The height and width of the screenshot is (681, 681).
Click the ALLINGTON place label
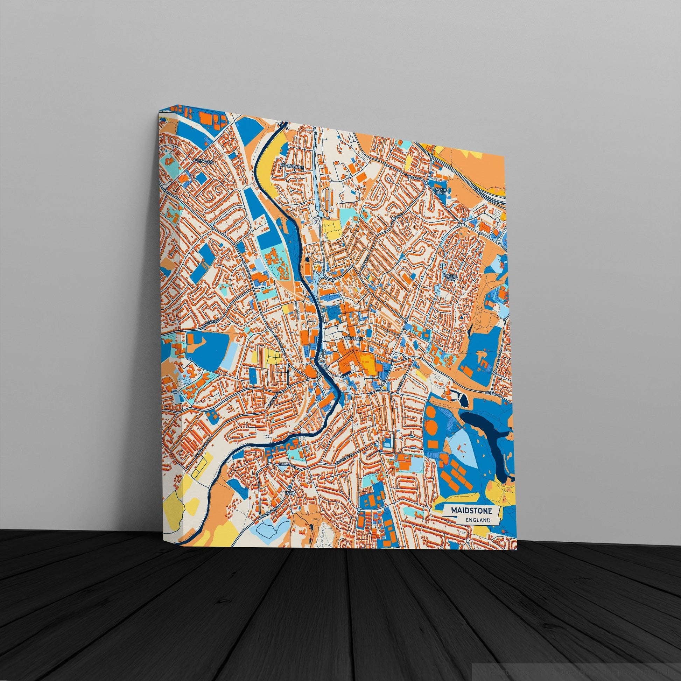pos(203,161)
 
